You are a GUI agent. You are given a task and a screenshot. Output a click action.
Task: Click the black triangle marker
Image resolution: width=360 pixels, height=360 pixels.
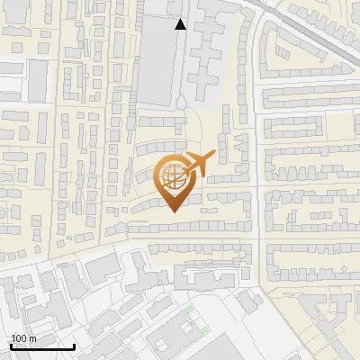(181, 24)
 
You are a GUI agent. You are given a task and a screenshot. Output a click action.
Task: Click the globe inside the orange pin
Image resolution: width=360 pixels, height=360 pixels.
(175, 175)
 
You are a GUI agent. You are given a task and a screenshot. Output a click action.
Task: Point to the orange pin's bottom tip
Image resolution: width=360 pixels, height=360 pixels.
(175, 212)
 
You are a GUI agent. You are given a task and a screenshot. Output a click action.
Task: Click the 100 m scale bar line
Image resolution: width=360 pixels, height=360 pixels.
(42, 346)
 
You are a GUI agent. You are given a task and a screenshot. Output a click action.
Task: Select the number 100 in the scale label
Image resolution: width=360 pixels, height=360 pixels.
(19, 338)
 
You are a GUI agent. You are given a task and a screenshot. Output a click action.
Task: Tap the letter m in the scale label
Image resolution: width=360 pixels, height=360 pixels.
(32, 338)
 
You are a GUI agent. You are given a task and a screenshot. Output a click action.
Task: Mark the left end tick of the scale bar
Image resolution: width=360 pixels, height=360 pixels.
(11, 345)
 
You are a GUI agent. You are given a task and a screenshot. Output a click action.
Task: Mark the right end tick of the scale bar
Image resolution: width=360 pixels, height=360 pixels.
(74, 345)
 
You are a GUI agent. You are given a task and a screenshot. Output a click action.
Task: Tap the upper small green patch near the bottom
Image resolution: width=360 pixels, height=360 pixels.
(190, 310)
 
